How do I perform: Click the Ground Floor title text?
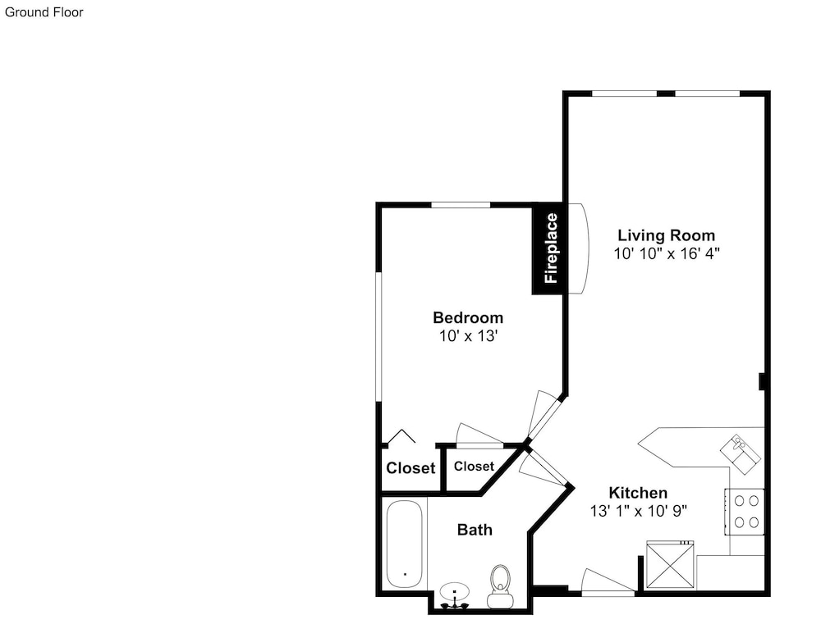(x=44, y=12)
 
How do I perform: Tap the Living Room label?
(x=666, y=235)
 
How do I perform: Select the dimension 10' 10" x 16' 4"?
(x=667, y=253)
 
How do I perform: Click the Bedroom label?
(x=468, y=317)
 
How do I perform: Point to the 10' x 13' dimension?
(x=468, y=336)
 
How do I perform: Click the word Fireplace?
(x=551, y=248)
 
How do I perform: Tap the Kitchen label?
(x=638, y=493)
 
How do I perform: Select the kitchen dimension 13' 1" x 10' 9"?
(x=638, y=511)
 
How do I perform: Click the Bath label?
(x=475, y=530)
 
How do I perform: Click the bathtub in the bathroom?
(x=404, y=544)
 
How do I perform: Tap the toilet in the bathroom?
(x=500, y=585)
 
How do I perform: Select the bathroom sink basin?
(x=455, y=593)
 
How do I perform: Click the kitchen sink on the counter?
(x=741, y=454)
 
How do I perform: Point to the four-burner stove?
(x=745, y=512)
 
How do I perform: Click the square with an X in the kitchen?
(x=670, y=565)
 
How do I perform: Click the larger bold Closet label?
(x=410, y=467)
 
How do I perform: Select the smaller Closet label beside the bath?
(x=474, y=466)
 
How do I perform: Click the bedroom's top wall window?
(x=461, y=204)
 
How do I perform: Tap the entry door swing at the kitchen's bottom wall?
(x=608, y=582)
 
